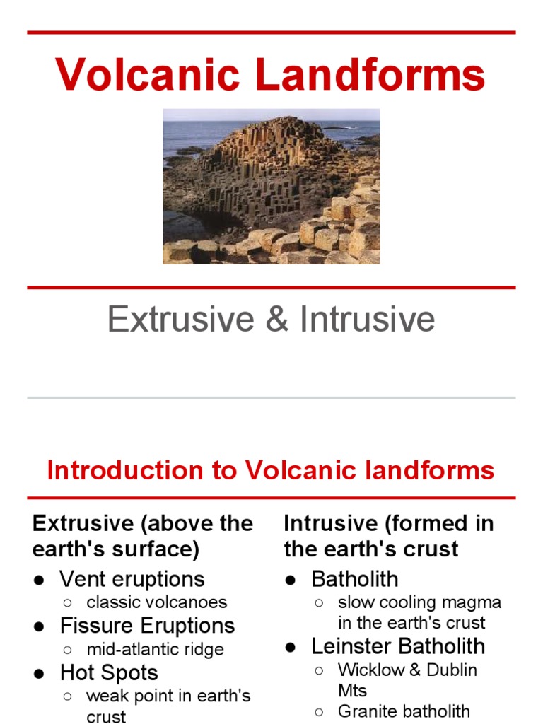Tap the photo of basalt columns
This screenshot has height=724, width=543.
tap(271, 187)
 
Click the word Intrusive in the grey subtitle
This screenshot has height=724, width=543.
tap(367, 320)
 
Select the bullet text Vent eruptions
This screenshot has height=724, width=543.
tap(132, 579)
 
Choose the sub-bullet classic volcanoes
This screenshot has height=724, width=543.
tap(157, 602)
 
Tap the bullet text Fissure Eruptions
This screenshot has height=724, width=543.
tap(147, 626)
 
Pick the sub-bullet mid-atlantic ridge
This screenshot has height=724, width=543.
tap(155, 649)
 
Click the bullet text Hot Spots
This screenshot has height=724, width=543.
tap(109, 672)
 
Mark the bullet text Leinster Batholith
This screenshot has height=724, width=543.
tap(398, 646)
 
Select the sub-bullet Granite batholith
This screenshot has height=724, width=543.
tap(404, 711)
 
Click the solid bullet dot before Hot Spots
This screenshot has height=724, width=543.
tap(40, 673)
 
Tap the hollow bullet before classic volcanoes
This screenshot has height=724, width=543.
tap(67, 603)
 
